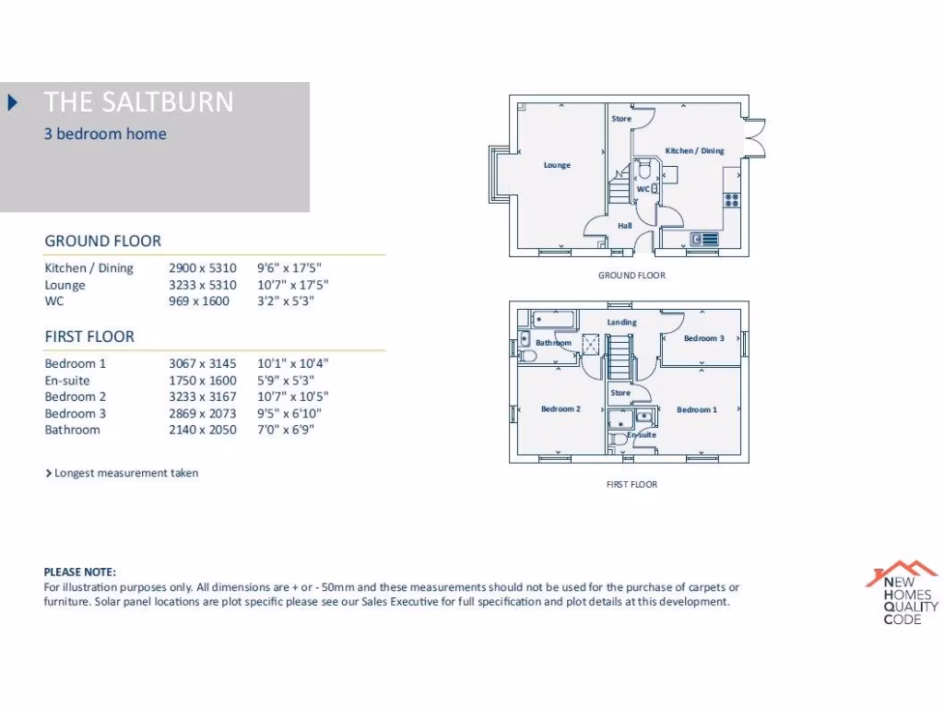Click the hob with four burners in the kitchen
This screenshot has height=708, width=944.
(x=733, y=198)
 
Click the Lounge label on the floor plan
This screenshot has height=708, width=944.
(x=557, y=166)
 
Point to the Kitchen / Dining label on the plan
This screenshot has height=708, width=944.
(x=694, y=150)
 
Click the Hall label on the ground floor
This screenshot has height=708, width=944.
(x=624, y=226)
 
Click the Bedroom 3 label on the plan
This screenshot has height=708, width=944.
(x=703, y=338)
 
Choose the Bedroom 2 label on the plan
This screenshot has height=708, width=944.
(x=560, y=409)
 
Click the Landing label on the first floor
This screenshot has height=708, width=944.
(x=621, y=322)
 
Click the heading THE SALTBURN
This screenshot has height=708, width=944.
(x=138, y=101)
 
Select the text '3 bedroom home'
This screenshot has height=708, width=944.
(x=105, y=134)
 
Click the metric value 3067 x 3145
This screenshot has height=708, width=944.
(x=202, y=363)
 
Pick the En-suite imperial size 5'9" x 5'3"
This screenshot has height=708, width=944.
(x=286, y=380)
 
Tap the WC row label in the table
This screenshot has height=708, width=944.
(x=54, y=301)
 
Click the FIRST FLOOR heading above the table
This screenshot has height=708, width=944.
(x=89, y=336)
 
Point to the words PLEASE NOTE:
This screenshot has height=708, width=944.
(x=80, y=572)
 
